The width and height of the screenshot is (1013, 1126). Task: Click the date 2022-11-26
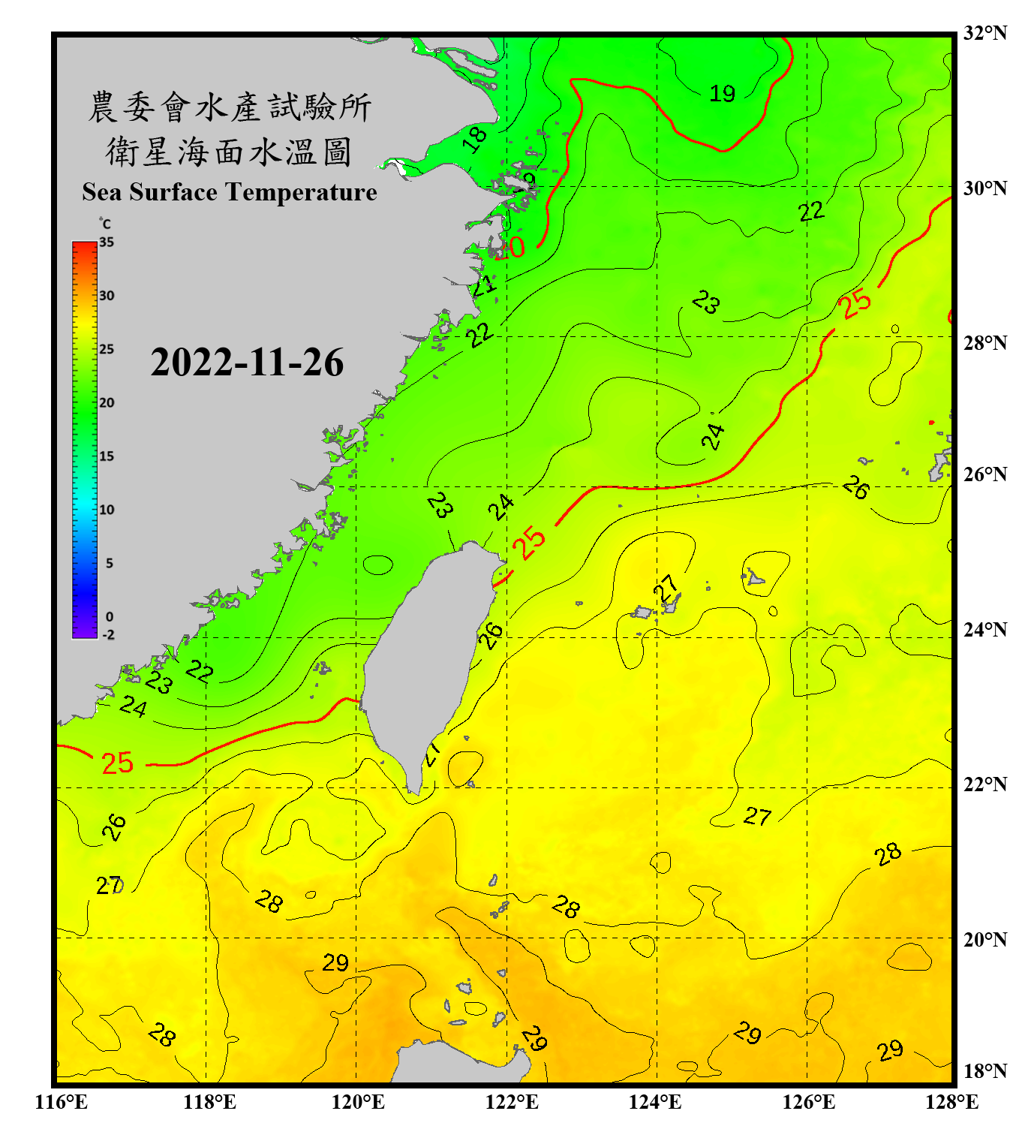point(247,363)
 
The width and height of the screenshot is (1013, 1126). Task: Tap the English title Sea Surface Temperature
point(230,192)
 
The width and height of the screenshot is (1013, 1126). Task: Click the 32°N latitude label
point(984,33)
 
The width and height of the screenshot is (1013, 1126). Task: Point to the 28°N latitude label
point(984,342)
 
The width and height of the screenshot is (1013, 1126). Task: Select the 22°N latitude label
point(984,784)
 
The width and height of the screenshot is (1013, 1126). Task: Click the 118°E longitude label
point(209,1102)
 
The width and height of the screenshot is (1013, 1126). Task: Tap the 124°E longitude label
point(655,1102)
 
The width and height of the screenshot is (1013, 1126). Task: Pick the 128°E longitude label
point(951,1102)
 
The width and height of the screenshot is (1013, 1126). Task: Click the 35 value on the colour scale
point(107,242)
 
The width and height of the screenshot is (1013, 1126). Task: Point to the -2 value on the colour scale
point(108,635)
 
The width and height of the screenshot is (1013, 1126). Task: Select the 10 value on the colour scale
point(107,510)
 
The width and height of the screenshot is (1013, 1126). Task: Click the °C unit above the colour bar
point(105,224)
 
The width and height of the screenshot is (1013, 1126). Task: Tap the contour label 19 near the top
point(722,94)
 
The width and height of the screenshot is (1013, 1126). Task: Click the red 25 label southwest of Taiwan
point(117,763)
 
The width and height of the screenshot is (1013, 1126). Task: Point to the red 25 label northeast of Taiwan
point(529,542)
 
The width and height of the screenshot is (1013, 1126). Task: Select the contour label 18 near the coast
point(475,139)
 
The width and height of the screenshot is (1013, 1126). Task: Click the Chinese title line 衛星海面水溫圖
point(229,152)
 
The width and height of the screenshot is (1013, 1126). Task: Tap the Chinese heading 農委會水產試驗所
point(230,107)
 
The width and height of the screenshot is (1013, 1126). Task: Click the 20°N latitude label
point(984,939)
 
